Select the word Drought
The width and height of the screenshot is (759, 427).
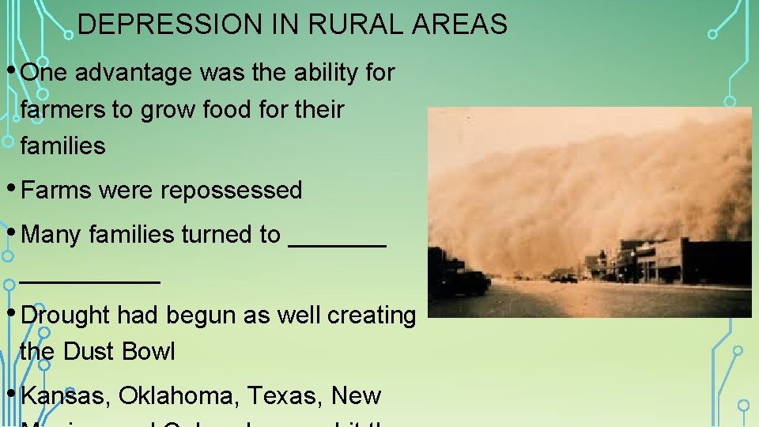66,315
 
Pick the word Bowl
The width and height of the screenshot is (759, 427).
150,351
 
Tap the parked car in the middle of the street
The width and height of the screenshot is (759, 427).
567,278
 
